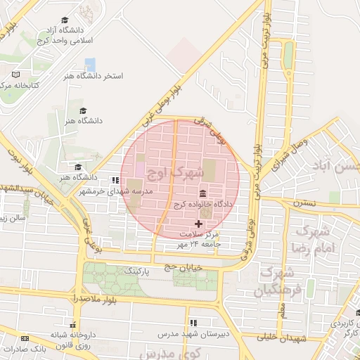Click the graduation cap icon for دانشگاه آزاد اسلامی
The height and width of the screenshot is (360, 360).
[65, 20]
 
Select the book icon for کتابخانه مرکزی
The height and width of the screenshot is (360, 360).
[16, 74]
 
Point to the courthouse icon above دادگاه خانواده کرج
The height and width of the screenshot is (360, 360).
[203, 193]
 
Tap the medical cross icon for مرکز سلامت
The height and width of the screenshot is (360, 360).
[198, 223]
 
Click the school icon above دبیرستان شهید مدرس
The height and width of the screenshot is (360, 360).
[193, 323]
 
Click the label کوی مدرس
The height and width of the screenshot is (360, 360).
[175, 351]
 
